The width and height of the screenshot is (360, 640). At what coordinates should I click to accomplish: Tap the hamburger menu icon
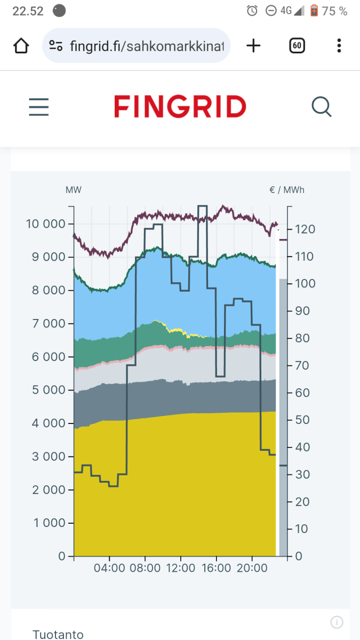38,107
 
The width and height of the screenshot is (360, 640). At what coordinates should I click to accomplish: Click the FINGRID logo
180,107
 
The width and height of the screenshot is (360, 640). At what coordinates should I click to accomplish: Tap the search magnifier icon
322,107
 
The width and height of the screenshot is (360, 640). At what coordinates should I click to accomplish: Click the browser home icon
21,46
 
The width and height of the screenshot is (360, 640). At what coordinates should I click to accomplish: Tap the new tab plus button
253,46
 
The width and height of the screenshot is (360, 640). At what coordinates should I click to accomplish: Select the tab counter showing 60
297,46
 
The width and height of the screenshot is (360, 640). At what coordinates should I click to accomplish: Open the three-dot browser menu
339,46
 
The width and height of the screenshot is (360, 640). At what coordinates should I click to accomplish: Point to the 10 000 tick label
45,224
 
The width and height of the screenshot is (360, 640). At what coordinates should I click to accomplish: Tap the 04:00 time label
109,569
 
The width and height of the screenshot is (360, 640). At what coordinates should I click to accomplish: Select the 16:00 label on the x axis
216,569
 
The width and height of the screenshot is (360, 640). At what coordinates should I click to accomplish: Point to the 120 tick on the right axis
306,229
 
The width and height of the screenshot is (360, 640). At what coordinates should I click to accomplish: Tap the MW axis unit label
74,190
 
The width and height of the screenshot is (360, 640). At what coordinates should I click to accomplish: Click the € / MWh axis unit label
287,190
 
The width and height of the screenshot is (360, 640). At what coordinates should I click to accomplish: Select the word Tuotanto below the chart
58,634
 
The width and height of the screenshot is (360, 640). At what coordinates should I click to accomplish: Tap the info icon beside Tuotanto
336,622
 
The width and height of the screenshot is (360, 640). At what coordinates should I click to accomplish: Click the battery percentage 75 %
335,11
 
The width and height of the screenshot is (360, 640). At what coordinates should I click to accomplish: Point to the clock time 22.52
28,11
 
